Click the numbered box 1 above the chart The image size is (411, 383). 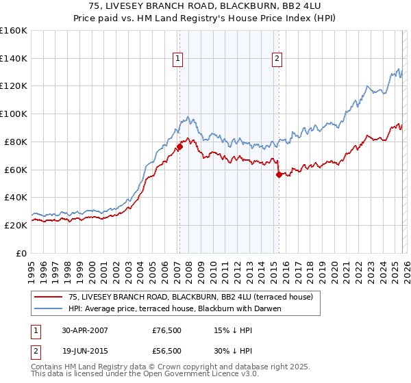pos(177,60)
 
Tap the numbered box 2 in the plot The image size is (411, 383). pos(277,60)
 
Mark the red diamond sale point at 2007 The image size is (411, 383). pos(179,146)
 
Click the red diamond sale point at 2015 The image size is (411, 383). pos(279,174)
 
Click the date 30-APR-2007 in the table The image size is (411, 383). pos(86,330)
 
